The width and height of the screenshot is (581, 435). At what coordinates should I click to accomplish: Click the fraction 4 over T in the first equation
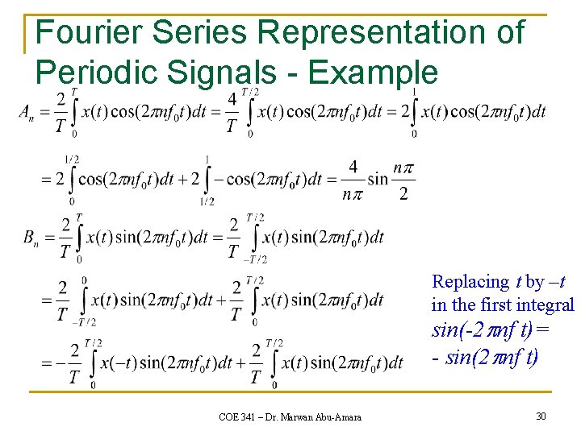tap(232, 112)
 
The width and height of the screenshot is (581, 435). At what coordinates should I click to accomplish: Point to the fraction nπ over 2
tap(403, 180)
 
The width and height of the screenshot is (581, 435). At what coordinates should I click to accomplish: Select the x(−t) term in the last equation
tap(116, 362)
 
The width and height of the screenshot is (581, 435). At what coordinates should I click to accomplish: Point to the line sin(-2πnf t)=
tap(492, 330)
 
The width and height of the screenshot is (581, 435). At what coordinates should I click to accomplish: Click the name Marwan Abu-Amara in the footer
tap(321, 416)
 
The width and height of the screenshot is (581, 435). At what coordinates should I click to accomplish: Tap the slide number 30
tap(540, 416)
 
